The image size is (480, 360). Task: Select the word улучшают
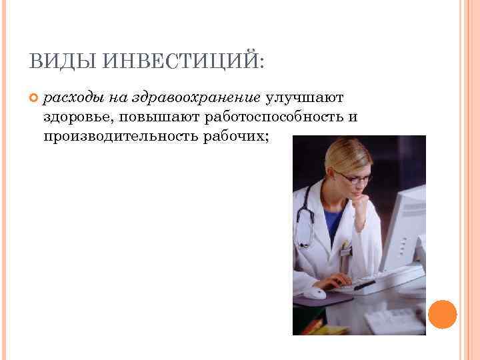coord(305,98)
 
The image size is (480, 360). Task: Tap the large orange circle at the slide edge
coord(443,315)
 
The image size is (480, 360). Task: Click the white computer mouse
coord(314,293)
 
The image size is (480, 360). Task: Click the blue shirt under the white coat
coord(331,219)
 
